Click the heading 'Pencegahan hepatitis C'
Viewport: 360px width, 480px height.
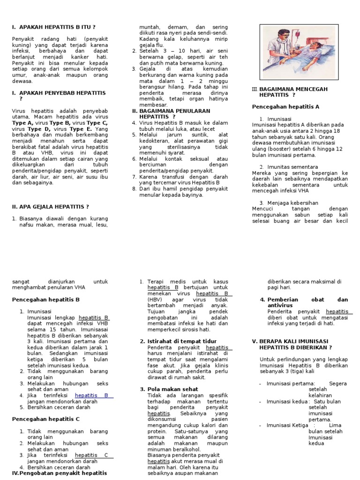[45, 419]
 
